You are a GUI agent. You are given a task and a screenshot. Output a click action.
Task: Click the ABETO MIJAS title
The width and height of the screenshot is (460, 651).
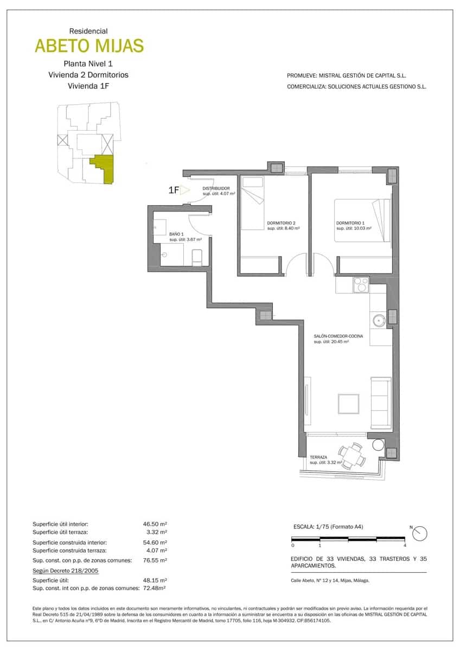pyautogui.click(x=90, y=46)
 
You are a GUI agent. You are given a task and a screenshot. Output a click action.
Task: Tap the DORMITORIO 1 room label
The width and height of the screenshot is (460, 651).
pyautogui.click(x=350, y=224)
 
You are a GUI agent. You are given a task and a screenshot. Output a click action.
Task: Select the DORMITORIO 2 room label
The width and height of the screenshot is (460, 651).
pyautogui.click(x=281, y=224)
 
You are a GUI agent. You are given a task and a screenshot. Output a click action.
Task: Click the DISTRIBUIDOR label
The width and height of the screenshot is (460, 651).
pyautogui.click(x=216, y=188)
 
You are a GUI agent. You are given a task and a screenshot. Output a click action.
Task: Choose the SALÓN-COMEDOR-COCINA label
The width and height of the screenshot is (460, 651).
pyautogui.click(x=338, y=336)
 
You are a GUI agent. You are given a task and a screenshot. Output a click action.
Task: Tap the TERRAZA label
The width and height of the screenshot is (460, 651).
pyautogui.click(x=319, y=457)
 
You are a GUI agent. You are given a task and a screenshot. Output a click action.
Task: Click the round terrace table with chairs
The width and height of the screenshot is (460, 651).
pyautogui.click(x=351, y=455)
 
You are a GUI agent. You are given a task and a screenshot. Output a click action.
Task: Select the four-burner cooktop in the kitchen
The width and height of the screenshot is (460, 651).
pyautogui.click(x=361, y=285)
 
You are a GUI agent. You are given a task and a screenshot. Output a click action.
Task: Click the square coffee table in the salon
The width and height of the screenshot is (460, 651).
pyautogui.click(x=348, y=405)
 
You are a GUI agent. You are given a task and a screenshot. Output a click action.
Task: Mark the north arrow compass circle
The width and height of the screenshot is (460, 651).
pyautogui.click(x=420, y=534)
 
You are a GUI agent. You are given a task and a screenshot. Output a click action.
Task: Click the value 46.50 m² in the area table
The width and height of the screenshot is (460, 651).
pyautogui.click(x=155, y=525)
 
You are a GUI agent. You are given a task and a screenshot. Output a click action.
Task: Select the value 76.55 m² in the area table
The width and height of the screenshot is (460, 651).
pyautogui.click(x=155, y=560)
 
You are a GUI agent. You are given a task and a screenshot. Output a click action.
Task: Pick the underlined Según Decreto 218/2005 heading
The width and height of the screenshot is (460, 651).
pyautogui.click(x=65, y=570)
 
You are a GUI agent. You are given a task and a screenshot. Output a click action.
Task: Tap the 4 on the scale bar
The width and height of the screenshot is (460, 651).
pyautogui.click(x=405, y=545)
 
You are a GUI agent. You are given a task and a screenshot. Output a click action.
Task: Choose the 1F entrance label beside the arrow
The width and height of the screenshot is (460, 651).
pyautogui.click(x=174, y=190)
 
